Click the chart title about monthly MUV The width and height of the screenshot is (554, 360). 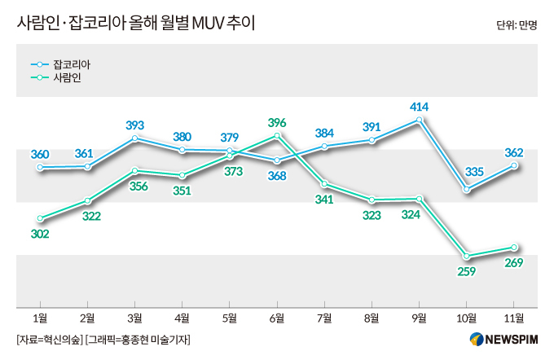135,23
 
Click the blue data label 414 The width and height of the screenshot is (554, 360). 420,106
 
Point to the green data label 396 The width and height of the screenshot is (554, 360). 277,122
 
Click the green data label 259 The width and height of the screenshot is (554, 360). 467,271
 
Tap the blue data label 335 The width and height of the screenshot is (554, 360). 466,172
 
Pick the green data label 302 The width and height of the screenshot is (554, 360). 40,234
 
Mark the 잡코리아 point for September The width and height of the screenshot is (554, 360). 420,120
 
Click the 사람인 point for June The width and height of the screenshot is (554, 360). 277,135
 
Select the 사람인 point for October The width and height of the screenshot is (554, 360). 467,255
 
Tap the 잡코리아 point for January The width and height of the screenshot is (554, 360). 40,168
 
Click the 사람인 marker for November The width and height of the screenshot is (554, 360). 514,247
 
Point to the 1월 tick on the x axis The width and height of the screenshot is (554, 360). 40,317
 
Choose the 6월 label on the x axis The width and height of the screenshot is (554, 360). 277,317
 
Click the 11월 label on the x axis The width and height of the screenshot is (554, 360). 514,317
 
